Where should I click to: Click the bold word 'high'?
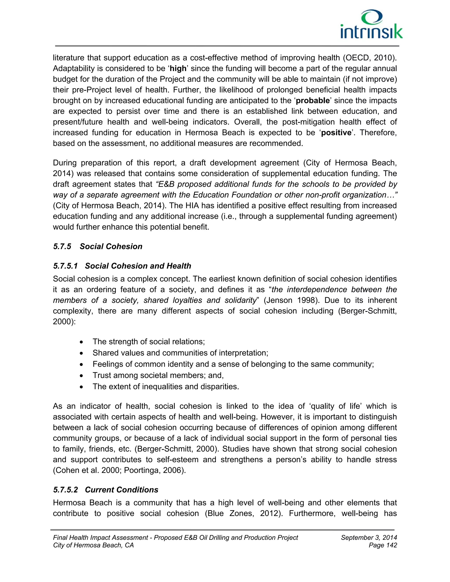point(178,69)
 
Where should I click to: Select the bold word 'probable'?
point(313,101)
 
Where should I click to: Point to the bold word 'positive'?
point(336,133)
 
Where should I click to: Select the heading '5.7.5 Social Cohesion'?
point(98,246)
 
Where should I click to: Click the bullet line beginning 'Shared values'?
point(180,353)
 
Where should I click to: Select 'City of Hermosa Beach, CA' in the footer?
point(93,545)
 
